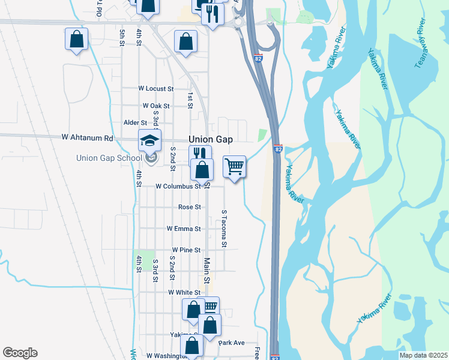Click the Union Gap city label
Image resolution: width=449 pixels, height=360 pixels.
[211, 139]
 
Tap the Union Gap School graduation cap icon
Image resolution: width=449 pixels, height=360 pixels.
[150, 141]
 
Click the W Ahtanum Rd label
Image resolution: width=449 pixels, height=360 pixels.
[87, 137]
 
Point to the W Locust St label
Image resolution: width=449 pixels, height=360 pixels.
[155, 88]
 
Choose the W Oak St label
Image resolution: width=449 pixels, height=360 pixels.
[156, 106]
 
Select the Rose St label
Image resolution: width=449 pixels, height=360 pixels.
[189, 207]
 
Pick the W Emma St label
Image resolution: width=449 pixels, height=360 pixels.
[183, 229]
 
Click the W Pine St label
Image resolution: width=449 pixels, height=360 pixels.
[185, 250]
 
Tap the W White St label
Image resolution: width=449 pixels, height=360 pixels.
[182, 292]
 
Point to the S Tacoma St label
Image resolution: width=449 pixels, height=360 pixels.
[224, 229]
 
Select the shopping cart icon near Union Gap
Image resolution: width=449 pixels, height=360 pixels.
[234, 166]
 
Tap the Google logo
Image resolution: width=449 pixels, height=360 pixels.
[20, 353]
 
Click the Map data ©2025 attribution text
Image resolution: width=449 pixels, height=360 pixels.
[423, 355]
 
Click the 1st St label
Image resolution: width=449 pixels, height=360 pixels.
[190, 101]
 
